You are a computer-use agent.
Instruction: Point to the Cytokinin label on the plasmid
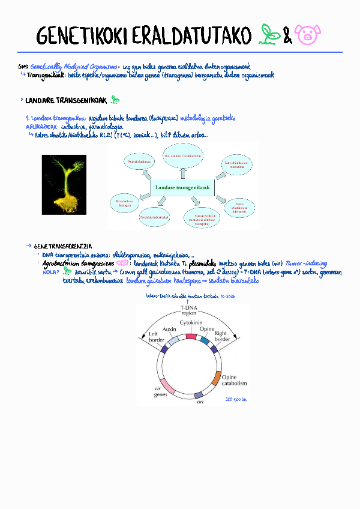pyautogui.click(x=190, y=322)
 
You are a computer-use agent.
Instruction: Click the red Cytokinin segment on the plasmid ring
pyautogui.click(x=191, y=336)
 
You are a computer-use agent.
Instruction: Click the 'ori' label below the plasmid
pyautogui.click(x=200, y=402)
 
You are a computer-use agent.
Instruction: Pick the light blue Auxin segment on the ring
pyautogui.click(x=174, y=340)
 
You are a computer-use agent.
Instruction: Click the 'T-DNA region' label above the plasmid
pyautogui.click(x=188, y=310)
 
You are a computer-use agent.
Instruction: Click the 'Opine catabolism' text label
pyautogui.click(x=234, y=380)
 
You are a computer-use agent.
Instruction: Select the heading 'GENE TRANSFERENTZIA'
pyautogui.click(x=63, y=246)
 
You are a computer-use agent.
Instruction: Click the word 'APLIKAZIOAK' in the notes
pyautogui.click(x=42, y=127)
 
